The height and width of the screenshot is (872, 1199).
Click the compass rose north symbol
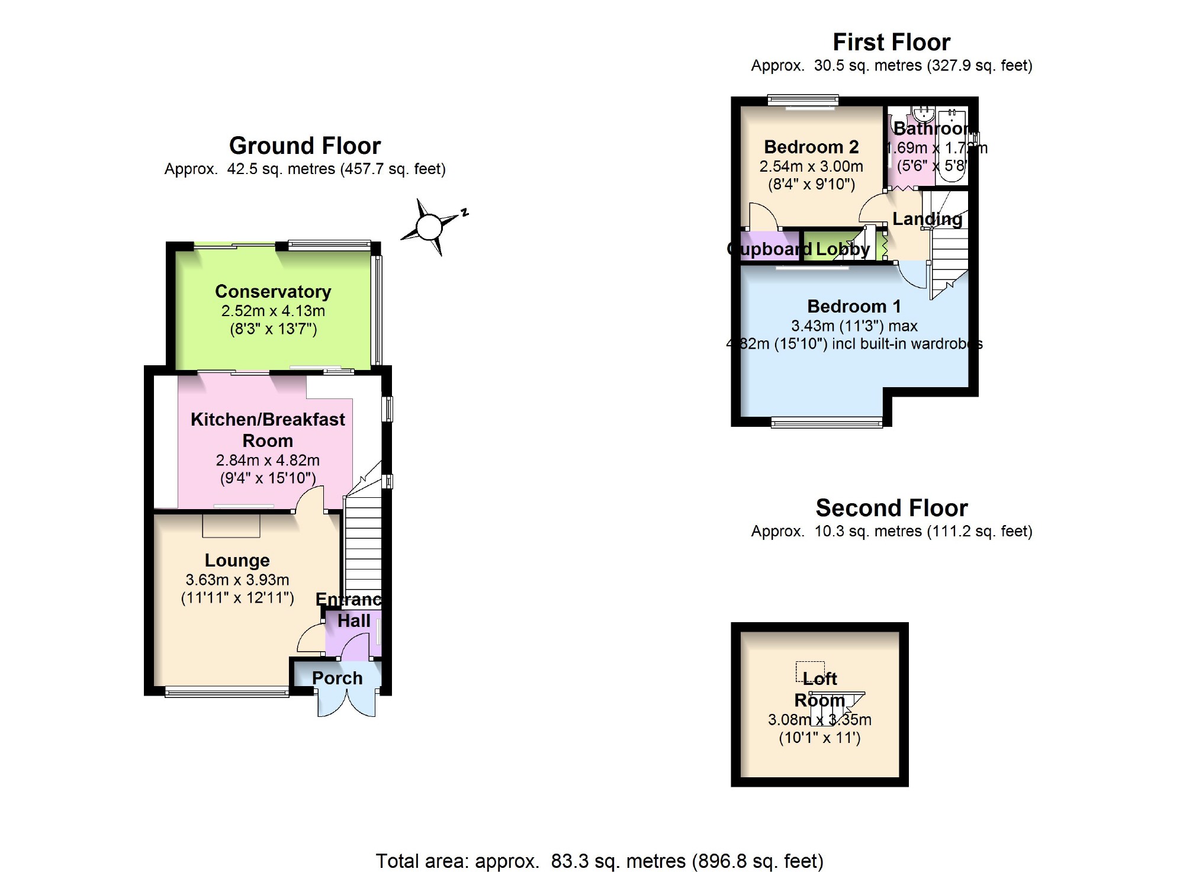click(x=430, y=227)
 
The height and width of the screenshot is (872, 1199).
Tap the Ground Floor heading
click(x=304, y=146)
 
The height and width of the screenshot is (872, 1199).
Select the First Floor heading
click(x=891, y=42)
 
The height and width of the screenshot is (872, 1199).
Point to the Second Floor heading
click(x=891, y=508)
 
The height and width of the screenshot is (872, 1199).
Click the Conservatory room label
click(x=273, y=291)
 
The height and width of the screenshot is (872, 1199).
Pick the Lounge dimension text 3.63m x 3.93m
click(x=237, y=580)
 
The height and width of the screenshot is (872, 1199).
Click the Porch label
click(x=337, y=678)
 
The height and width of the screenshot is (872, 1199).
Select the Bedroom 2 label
click(x=811, y=147)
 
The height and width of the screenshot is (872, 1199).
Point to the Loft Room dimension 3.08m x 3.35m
click(x=819, y=720)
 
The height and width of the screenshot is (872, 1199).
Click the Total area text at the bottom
click(x=599, y=860)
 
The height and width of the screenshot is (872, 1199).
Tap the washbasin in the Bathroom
click(x=922, y=112)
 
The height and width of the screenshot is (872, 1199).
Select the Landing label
click(x=927, y=219)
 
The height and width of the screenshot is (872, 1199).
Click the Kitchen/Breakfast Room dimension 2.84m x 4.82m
click(x=268, y=460)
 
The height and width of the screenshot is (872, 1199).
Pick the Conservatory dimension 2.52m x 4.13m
click(x=273, y=311)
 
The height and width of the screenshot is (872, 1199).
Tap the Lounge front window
click(x=227, y=691)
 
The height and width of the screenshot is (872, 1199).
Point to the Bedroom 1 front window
click(x=827, y=421)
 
